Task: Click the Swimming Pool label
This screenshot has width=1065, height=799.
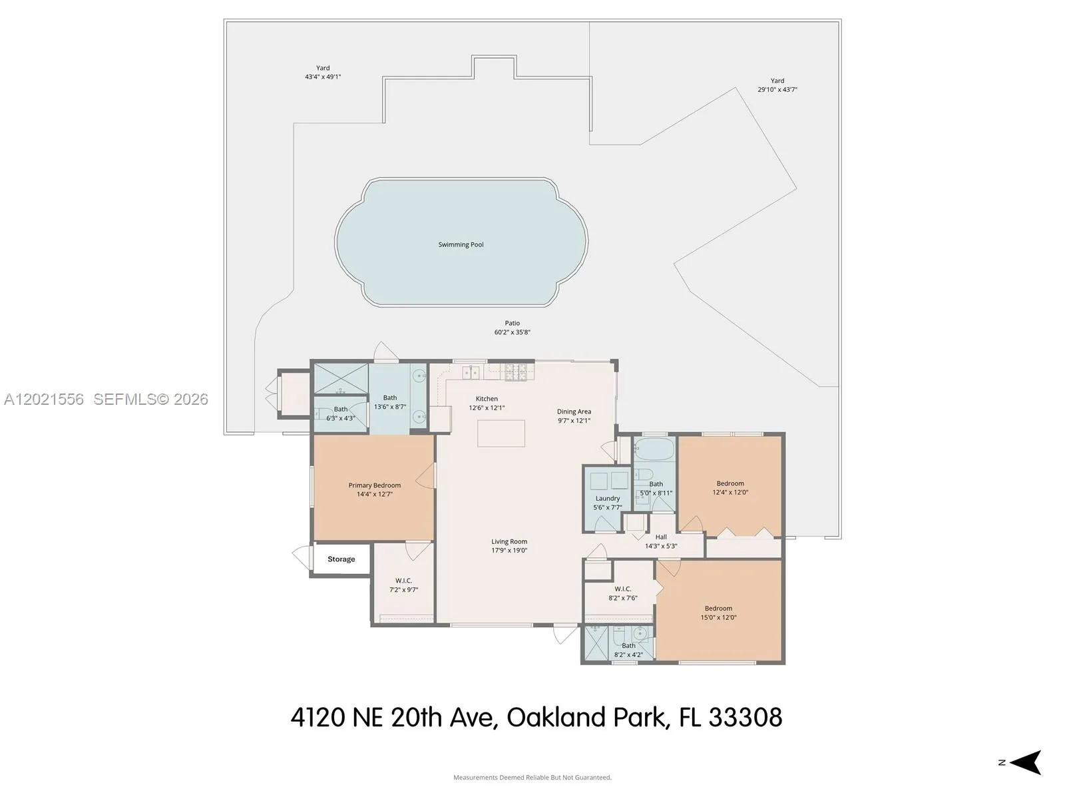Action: [461, 244]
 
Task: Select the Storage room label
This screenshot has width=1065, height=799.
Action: [341, 559]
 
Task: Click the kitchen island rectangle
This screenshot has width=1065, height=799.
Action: [501, 433]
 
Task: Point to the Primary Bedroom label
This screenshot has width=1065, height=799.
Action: [375, 485]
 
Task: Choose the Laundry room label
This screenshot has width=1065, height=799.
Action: [608, 498]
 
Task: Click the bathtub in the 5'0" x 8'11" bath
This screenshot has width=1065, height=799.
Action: [655, 450]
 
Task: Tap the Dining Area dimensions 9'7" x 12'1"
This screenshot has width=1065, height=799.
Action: [574, 421]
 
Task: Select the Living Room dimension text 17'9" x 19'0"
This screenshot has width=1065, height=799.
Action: [509, 550]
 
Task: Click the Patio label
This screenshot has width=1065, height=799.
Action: [513, 323]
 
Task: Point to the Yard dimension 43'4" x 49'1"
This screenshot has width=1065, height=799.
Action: [323, 77]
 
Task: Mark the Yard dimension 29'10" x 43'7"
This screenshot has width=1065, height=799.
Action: [777, 89]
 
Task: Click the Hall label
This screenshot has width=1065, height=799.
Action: [661, 537]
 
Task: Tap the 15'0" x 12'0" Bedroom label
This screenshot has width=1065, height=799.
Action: [719, 609]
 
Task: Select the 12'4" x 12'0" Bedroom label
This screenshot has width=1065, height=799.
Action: [730, 483]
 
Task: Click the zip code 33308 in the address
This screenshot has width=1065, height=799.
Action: [745, 717]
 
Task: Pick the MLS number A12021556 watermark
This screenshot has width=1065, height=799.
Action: [44, 400]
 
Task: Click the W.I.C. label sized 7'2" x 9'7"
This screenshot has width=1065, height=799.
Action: [403, 581]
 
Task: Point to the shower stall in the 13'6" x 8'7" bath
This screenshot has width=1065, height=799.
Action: [341, 379]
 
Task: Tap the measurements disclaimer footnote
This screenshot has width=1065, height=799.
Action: [532, 777]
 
